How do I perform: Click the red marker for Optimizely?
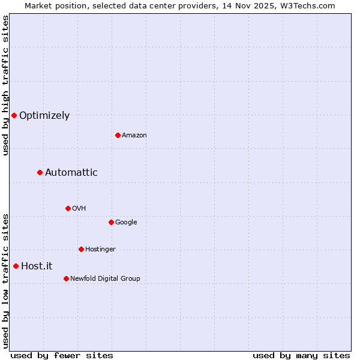tap(14, 115)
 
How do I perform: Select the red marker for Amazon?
tap(118, 135)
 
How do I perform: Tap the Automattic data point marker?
tap(40, 173)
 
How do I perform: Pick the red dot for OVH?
tap(68, 208)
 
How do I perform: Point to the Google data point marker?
tap(111, 222)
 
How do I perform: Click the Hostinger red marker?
tap(81, 249)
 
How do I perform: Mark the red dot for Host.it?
tap(16, 266)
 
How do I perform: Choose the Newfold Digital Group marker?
tap(66, 278)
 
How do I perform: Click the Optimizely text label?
tap(44, 116)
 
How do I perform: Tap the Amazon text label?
tap(134, 136)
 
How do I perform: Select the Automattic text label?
tap(71, 173)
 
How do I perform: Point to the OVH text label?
tap(79, 209)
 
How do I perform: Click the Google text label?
tap(126, 223)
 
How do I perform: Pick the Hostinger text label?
tap(100, 250)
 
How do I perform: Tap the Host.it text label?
tap(37, 266)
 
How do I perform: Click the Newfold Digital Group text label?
tap(105, 279)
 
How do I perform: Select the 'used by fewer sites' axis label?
tap(62, 355)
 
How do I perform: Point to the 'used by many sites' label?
tap(301, 355)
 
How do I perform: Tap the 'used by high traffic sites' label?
tap(5, 85)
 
